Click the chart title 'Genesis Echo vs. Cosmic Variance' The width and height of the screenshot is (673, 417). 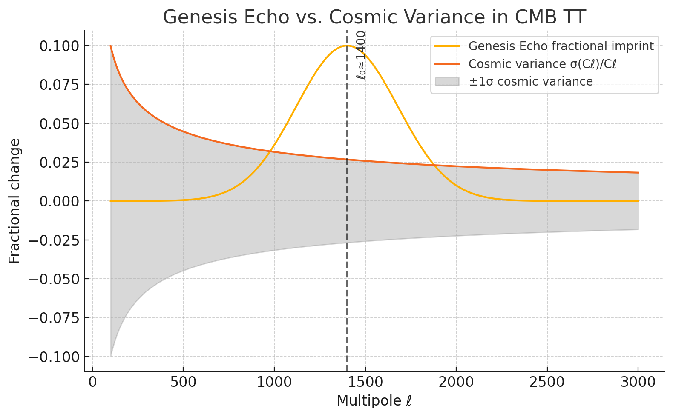374,17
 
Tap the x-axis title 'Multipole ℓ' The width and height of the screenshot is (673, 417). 374,401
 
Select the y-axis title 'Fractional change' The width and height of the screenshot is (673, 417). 14,201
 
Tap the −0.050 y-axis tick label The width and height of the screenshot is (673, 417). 54,279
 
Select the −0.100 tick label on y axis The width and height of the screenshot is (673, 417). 54,357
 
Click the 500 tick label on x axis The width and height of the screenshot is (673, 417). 183,382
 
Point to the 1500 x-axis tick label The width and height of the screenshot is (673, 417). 365,382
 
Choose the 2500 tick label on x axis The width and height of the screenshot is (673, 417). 547,382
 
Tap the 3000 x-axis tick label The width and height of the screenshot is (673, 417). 638,382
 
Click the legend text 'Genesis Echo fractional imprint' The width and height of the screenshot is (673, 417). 561,46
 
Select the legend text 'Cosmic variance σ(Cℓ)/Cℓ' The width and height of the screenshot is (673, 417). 543,64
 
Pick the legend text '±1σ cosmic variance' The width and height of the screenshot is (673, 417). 531,81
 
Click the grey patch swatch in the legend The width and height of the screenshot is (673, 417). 447,81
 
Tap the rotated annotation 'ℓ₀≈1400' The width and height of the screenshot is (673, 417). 361,55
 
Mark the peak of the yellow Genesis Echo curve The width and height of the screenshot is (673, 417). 347,46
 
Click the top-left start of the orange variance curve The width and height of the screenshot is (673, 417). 111,46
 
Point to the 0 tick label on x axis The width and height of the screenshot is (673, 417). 92,382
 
